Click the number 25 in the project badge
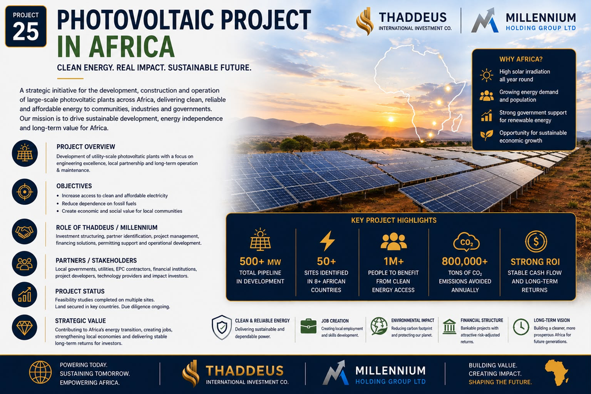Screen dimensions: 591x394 pos(25,32)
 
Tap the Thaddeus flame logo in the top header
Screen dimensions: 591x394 pos(365,21)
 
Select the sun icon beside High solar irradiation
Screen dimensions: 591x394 pos(487,76)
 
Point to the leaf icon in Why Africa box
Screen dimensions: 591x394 pos(487,135)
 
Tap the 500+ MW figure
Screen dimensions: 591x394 pos(260,261)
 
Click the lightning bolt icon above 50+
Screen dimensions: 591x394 pos(327,241)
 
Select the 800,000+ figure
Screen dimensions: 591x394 pos(465,261)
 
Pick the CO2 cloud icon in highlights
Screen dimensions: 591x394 pos(466,242)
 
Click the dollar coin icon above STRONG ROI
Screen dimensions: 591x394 pos(536,242)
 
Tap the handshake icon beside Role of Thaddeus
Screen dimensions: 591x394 pos(24,232)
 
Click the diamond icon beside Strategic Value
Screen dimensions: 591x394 pos(24,327)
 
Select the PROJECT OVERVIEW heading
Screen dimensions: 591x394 pos(86,147)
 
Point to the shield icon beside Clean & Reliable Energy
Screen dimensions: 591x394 pos(222,327)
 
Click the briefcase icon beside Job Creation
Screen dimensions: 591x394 pos(308,326)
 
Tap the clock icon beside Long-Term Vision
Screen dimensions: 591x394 pos(521,327)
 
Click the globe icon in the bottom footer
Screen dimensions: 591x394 pos(40,373)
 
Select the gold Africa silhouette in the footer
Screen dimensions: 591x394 pos(557,373)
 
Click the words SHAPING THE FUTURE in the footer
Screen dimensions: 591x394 pos(500,382)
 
